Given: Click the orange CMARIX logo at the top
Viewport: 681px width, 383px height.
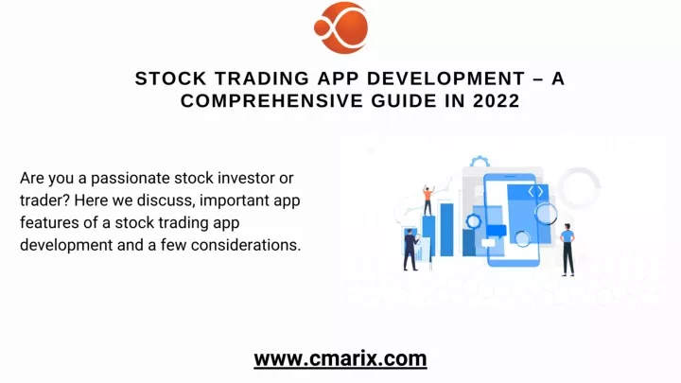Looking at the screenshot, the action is coord(340,27).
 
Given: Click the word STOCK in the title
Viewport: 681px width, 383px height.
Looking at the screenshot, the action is coord(170,78).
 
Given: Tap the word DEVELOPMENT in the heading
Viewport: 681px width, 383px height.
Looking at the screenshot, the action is coord(446,78).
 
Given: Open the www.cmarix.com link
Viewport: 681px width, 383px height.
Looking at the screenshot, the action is coord(340,358).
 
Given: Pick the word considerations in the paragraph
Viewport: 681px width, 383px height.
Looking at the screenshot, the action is coord(246,245).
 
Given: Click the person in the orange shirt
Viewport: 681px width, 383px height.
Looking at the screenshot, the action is coord(428,200).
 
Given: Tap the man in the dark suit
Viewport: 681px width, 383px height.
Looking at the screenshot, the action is coord(410,250).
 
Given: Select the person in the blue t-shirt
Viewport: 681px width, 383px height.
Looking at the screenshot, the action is coord(567,250).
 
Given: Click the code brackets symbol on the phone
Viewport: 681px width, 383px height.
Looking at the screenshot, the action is coord(535,191).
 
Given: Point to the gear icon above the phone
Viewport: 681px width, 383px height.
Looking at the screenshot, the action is coord(480,162).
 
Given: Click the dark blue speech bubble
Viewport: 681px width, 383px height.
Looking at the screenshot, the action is coord(497,232).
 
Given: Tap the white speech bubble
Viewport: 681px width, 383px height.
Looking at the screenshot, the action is coord(488,243).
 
